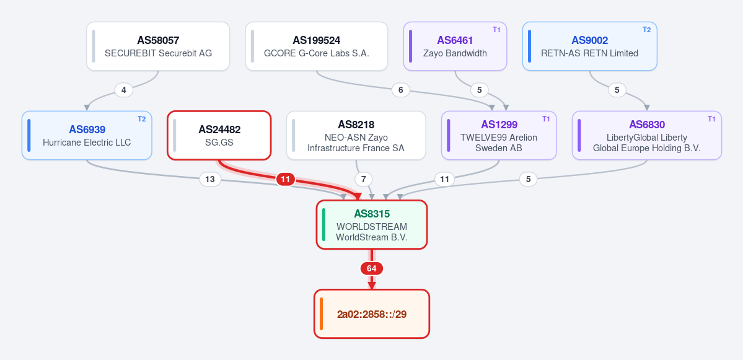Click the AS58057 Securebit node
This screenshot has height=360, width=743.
(158, 46)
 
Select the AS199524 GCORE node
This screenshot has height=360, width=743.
(317, 46)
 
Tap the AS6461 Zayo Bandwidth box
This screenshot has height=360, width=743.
(455, 46)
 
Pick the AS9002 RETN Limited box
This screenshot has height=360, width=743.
(589, 46)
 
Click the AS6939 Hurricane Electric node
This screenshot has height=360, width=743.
(87, 136)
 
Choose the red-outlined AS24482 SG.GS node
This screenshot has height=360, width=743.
(219, 136)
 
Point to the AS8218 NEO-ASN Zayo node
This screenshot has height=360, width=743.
(356, 136)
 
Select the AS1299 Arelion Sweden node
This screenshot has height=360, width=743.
(498, 136)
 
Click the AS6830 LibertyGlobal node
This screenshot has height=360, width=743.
(647, 136)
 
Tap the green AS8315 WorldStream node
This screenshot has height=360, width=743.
(372, 224)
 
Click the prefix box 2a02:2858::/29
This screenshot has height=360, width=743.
(372, 314)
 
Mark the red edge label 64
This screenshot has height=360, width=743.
(372, 268)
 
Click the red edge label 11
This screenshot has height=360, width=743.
(285, 179)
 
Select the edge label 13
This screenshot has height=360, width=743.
(210, 179)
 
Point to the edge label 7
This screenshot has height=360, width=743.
(364, 179)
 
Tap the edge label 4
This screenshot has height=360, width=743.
(124, 89)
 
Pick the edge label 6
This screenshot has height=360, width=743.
(401, 89)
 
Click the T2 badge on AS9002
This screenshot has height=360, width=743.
(646, 29)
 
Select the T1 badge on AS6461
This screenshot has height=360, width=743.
(496, 29)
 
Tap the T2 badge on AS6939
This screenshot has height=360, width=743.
(142, 119)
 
